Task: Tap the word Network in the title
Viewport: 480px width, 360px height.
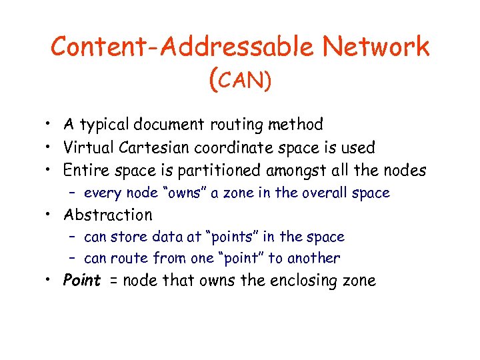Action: [x=376, y=47]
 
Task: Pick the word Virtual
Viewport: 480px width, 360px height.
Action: [x=87, y=147]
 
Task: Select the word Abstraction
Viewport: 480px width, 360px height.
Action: [x=107, y=215]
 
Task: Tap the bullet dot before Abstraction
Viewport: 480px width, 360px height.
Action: [x=49, y=215]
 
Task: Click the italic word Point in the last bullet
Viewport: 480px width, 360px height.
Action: [x=81, y=280]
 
